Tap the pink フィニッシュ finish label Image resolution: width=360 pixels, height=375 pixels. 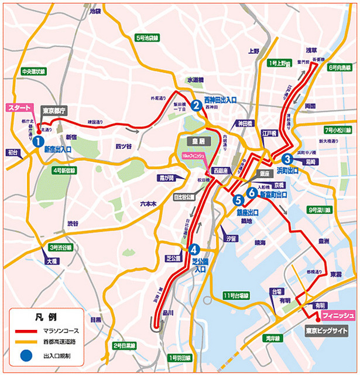[x=338, y=316]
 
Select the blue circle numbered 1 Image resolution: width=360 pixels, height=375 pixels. [x=36, y=141]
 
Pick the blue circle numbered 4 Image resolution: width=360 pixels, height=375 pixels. [x=194, y=248]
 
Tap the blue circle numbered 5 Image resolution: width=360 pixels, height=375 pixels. [x=238, y=200]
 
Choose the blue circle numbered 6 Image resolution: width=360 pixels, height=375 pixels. [x=252, y=192]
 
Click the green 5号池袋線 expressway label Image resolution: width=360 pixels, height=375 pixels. [x=147, y=38]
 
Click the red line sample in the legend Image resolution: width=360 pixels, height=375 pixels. [x=25, y=332]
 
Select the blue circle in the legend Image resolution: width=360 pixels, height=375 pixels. [x=25, y=355]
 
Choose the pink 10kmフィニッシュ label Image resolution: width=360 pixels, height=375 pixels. [x=193, y=155]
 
